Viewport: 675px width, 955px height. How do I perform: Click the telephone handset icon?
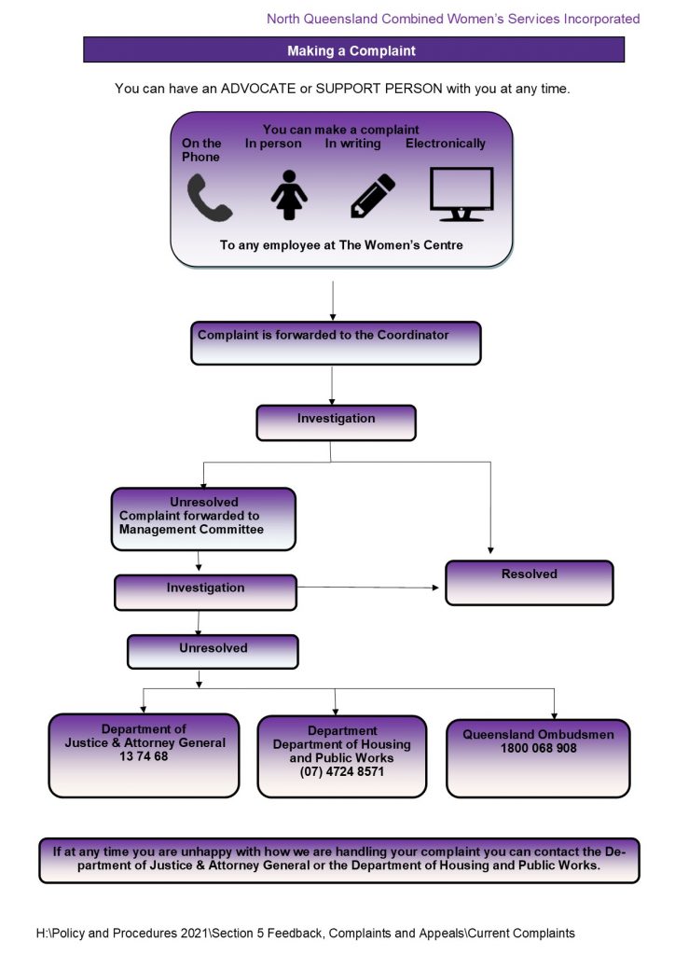209,198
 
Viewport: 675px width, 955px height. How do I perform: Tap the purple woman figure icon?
288,197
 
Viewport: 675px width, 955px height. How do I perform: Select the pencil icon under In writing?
372,197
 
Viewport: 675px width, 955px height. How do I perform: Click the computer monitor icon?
461,194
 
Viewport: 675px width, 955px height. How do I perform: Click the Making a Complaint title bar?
352,50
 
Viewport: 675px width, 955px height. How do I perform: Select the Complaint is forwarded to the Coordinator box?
336,342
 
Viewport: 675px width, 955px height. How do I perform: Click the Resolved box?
529,582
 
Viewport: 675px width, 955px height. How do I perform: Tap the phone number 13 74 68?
145,756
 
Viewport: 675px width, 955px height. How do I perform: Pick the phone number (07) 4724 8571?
341,772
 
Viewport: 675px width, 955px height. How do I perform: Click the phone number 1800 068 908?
538,748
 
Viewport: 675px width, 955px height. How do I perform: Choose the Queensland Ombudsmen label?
538,735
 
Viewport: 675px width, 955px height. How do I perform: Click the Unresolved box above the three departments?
213,651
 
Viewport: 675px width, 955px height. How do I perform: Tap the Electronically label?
445,144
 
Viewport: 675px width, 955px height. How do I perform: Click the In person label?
273,144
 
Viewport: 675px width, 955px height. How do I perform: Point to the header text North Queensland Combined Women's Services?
453,19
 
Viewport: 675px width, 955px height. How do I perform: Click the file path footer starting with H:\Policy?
305,933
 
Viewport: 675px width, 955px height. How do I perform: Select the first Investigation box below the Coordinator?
336,422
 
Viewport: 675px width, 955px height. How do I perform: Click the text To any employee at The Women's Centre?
341,245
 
